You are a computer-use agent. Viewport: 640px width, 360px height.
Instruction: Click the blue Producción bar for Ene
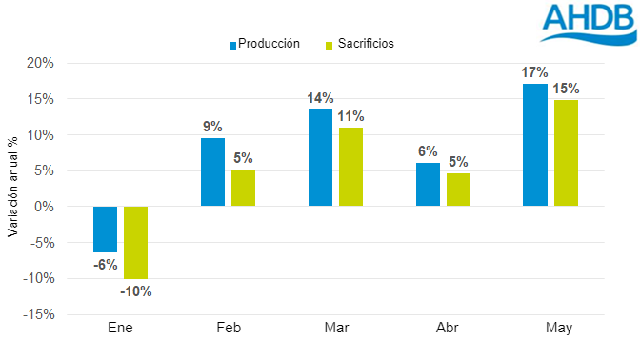tap(105, 229)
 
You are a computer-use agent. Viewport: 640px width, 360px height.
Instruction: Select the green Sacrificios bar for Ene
tap(136, 243)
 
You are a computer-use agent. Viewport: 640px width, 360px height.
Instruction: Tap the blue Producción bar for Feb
tap(212, 172)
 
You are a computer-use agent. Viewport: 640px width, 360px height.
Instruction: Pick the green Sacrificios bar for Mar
tap(351, 167)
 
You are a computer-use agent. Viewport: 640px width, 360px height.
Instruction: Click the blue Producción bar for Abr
tap(428, 185)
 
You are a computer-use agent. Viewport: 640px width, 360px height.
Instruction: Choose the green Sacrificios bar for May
tap(566, 152)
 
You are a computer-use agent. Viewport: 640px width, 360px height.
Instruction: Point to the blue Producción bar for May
tap(535, 145)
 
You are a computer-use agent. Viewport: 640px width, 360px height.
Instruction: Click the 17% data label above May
tap(535, 72)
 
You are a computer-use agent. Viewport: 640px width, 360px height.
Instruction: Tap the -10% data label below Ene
tap(136, 291)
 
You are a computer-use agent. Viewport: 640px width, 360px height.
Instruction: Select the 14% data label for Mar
tap(320, 97)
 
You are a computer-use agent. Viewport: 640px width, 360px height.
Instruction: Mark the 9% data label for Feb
tap(212, 127)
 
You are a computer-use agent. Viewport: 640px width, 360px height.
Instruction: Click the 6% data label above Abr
tap(428, 151)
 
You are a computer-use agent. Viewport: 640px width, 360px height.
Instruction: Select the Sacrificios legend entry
tap(360, 43)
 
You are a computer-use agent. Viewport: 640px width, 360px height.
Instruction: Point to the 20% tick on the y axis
tap(42, 63)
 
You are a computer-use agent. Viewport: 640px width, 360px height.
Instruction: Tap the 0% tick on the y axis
tap(45, 207)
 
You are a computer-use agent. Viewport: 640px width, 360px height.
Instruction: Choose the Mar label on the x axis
tap(336, 329)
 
